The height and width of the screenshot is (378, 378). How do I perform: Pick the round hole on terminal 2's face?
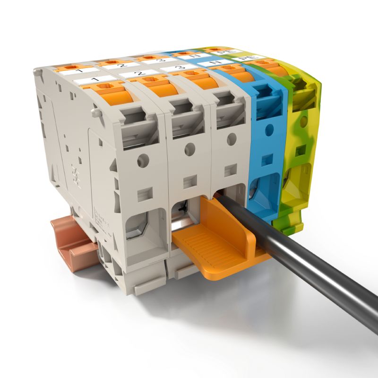click(x=189, y=149)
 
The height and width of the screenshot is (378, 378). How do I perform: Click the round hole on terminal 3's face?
click(x=231, y=139)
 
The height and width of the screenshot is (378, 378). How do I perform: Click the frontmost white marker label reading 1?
click(x=94, y=80)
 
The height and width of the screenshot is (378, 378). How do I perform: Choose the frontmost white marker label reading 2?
click(x=137, y=74)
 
